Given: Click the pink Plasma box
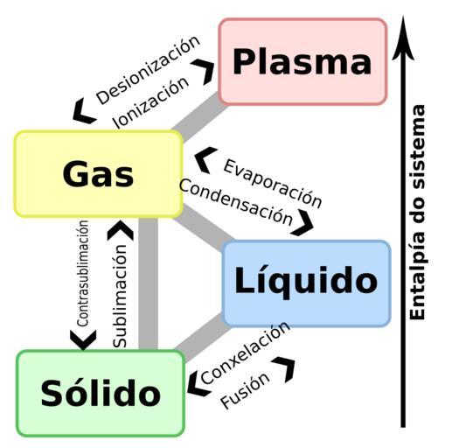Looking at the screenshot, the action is click(302, 61).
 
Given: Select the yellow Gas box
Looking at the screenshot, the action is click(99, 174).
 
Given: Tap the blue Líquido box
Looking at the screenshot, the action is click(306, 283).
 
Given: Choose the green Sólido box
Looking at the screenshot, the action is click(101, 393).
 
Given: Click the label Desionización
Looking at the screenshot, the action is click(149, 70).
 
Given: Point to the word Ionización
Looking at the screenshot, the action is click(150, 102).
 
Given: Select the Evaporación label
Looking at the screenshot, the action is click(273, 184).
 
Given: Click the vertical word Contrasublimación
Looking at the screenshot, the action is click(82, 273).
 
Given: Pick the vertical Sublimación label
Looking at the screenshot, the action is click(120, 296).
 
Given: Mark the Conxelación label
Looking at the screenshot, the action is click(245, 353).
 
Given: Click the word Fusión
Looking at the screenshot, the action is click(245, 390).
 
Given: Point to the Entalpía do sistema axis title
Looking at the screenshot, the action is click(417, 213).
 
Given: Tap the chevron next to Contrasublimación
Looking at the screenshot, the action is click(83, 339).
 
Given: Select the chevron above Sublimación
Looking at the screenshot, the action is click(121, 230).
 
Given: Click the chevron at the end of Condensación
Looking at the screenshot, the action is click(303, 223).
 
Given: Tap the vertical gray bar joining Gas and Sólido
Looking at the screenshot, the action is click(148, 283).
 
